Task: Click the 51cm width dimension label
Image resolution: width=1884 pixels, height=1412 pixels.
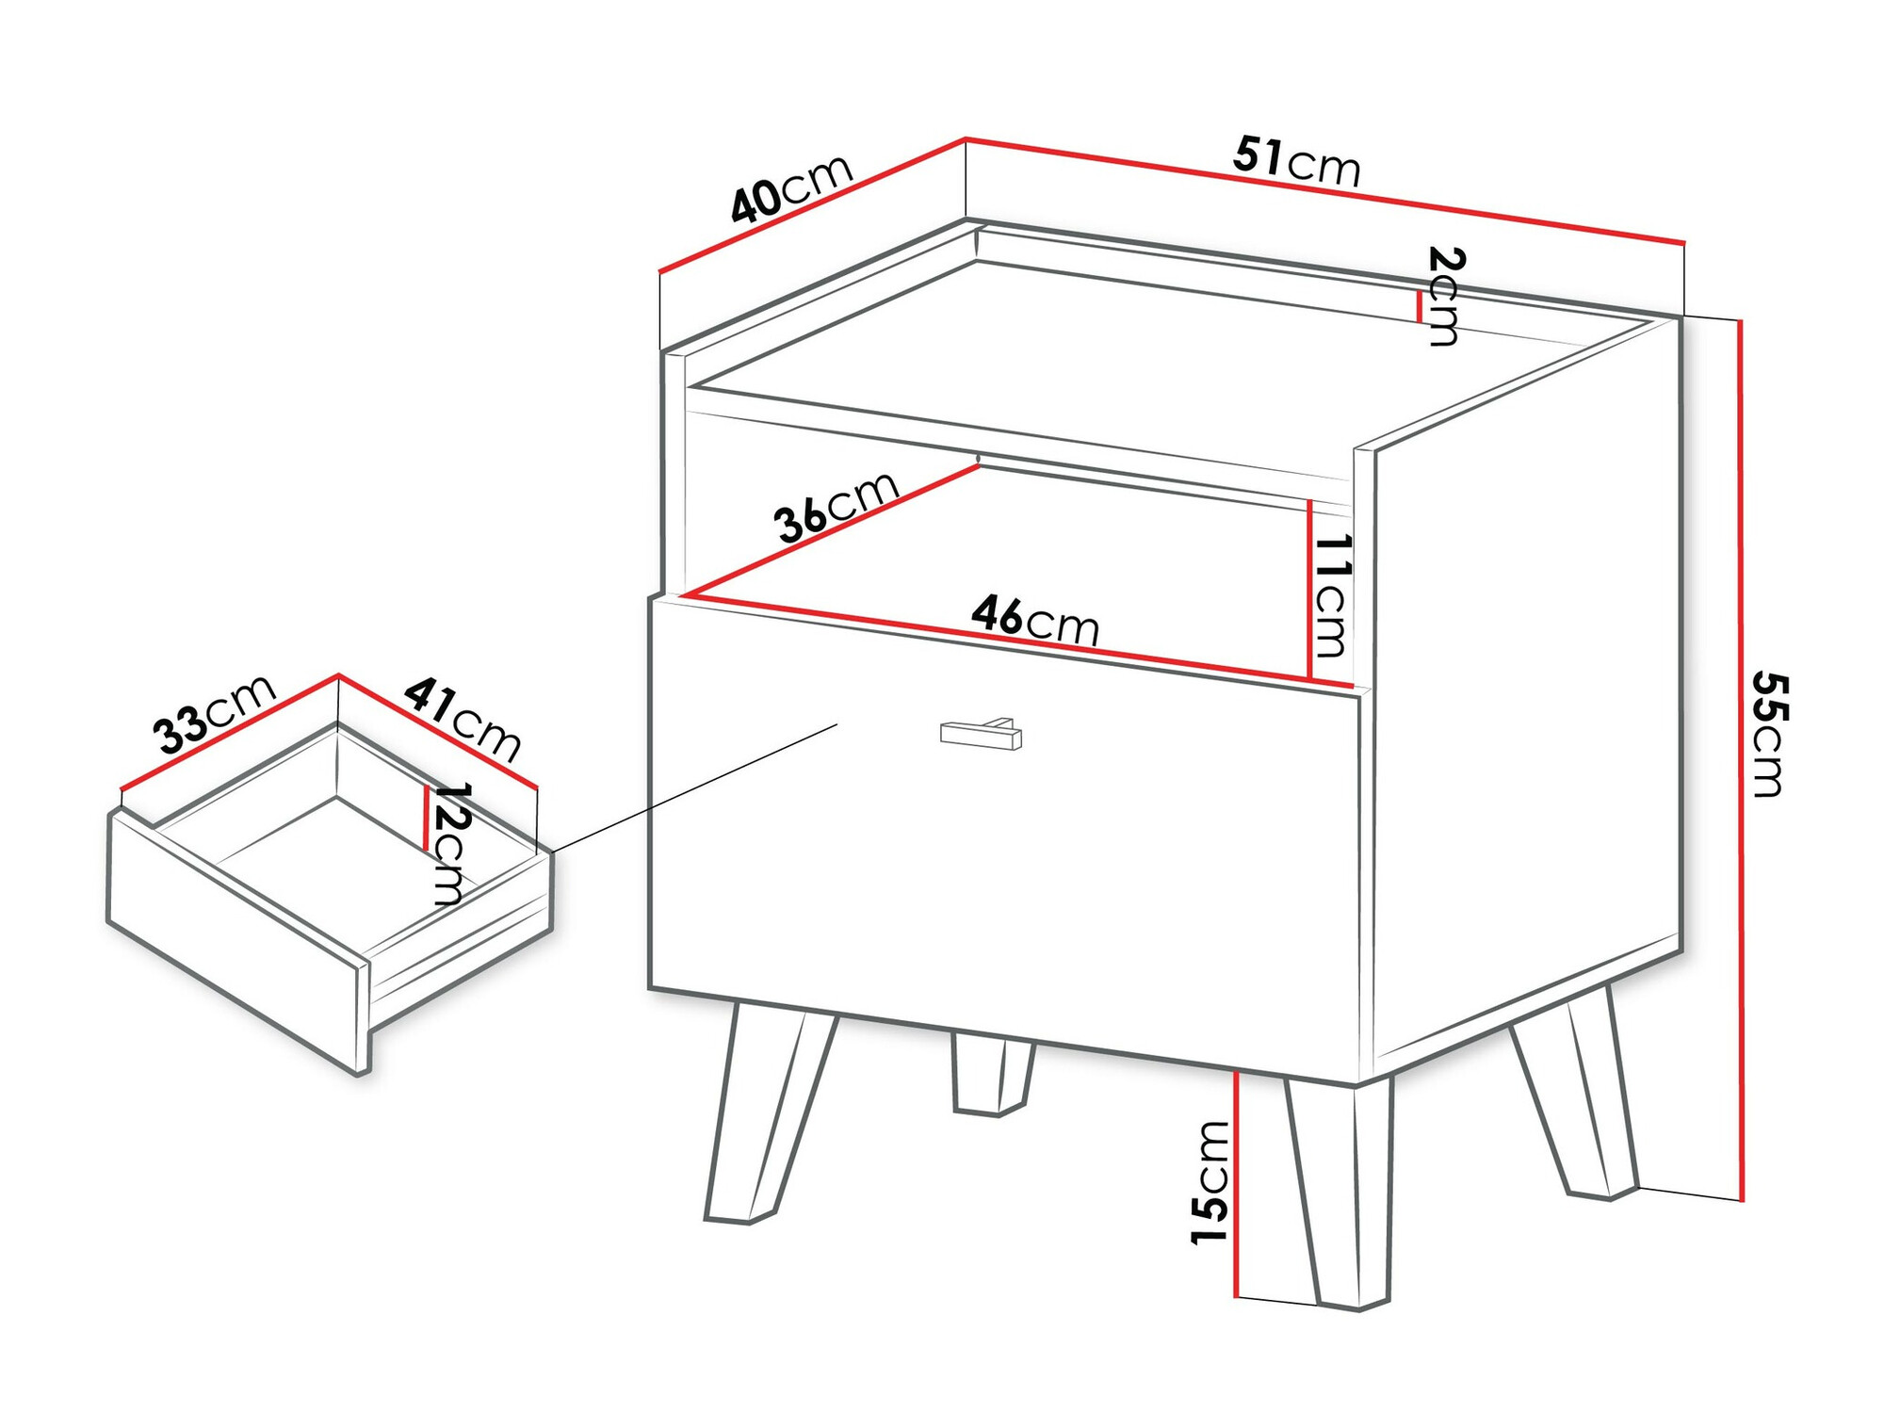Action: click(x=1297, y=161)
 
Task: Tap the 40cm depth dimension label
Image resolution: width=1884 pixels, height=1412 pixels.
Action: click(x=791, y=189)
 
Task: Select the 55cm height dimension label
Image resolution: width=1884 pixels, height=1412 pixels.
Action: click(x=1768, y=734)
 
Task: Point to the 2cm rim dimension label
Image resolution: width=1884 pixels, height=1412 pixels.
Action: click(x=1444, y=296)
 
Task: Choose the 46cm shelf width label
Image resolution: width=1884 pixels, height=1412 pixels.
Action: click(x=1035, y=620)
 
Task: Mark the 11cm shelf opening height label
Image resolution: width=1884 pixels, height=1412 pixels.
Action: click(x=1332, y=595)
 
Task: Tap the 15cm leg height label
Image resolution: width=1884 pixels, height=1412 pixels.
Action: click(x=1210, y=1182)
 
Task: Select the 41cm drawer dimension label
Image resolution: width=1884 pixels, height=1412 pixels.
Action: click(x=463, y=720)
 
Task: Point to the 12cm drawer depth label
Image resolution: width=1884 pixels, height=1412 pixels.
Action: click(x=450, y=844)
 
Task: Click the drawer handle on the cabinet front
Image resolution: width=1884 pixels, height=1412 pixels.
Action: click(x=981, y=734)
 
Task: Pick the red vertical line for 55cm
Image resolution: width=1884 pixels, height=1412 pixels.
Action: click(x=1741, y=760)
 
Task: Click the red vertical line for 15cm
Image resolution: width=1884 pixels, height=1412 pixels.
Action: click(x=1236, y=1184)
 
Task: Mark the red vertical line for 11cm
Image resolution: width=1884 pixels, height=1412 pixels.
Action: click(x=1309, y=589)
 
